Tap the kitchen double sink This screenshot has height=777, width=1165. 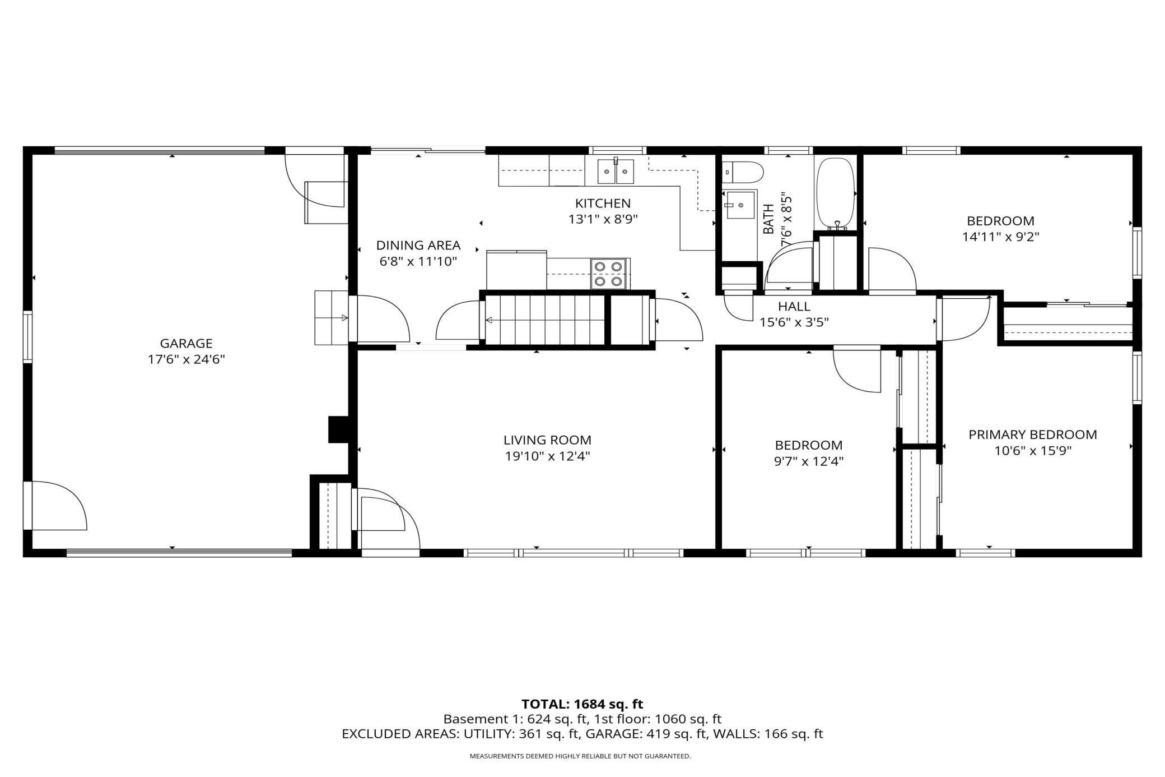tap(616, 171)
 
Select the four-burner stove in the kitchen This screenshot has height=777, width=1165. tap(608, 274)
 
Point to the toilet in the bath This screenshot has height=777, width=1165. tap(742, 172)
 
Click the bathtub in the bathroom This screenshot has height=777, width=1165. tap(835, 193)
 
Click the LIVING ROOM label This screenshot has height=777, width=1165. tap(547, 440)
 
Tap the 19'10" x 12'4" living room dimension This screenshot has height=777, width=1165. tap(547, 456)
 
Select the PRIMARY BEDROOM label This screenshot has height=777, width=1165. tap(1033, 434)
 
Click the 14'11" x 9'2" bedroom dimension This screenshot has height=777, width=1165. tap(1000, 237)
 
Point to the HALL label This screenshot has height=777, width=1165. tap(794, 306)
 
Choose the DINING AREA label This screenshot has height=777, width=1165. tap(418, 245)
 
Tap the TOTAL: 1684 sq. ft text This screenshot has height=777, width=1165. tap(582, 704)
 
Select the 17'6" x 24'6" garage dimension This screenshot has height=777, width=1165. tap(186, 359)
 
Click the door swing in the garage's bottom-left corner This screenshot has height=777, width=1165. tap(55, 505)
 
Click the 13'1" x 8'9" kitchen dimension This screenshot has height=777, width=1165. tap(603, 219)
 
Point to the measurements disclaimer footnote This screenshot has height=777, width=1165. tap(580, 756)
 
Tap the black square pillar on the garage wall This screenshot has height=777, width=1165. tap(338, 429)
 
